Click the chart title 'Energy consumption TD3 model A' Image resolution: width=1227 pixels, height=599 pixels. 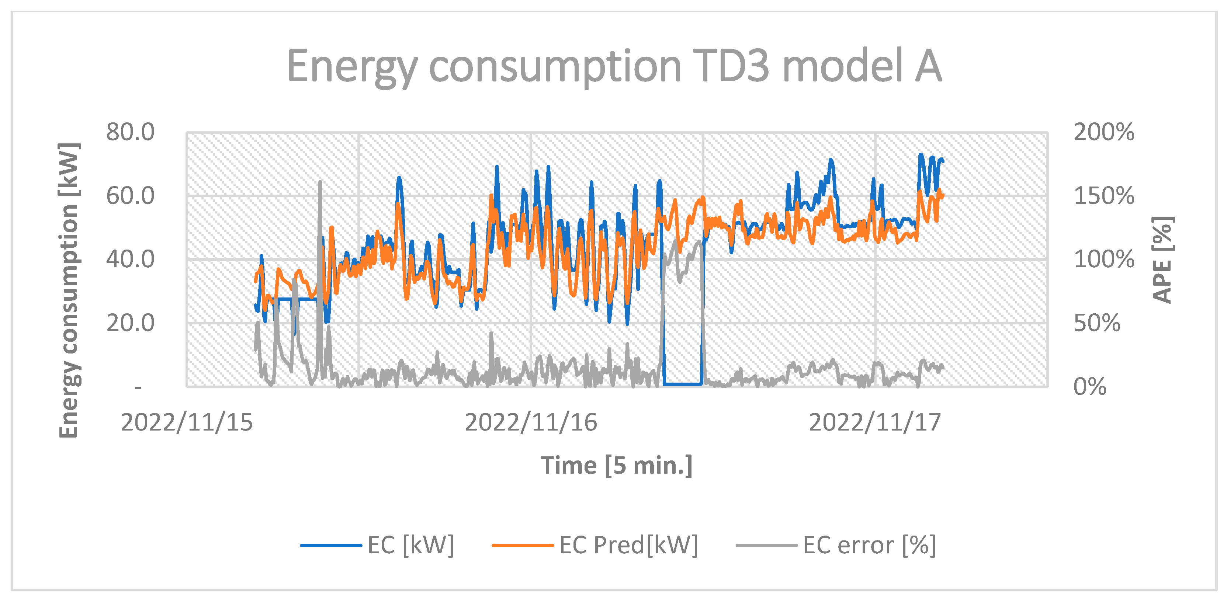[614, 67]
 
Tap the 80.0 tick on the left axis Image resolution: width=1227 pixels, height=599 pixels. [130, 132]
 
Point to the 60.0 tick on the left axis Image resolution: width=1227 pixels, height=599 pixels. [130, 196]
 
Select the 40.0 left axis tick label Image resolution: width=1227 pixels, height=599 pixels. [130, 260]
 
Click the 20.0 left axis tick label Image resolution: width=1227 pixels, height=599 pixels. [130, 323]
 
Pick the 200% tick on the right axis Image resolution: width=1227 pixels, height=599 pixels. [1103, 132]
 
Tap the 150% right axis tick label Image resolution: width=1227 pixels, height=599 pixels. [1103, 196]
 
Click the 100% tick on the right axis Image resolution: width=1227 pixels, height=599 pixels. [1103, 260]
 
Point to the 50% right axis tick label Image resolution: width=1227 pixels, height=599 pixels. [1096, 323]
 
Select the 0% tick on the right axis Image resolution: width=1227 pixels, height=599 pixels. [1089, 387]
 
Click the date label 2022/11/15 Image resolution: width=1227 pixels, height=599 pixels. [186, 422]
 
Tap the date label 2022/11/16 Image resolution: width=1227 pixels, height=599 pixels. [531, 422]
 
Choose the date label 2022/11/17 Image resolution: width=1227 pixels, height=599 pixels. [874, 422]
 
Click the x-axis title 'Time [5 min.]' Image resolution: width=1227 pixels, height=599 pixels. [616, 465]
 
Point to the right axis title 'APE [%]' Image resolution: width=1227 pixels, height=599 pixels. [1162, 260]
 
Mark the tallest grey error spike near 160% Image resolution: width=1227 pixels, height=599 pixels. [320, 183]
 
